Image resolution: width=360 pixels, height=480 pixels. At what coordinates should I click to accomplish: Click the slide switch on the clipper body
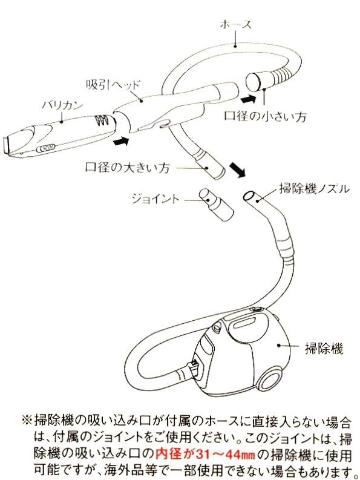[x=46, y=148]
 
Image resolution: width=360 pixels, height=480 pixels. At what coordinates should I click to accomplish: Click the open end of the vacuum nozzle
[x=249, y=196]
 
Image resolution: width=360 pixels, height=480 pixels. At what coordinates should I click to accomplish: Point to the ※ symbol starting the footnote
[x=27, y=420]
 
